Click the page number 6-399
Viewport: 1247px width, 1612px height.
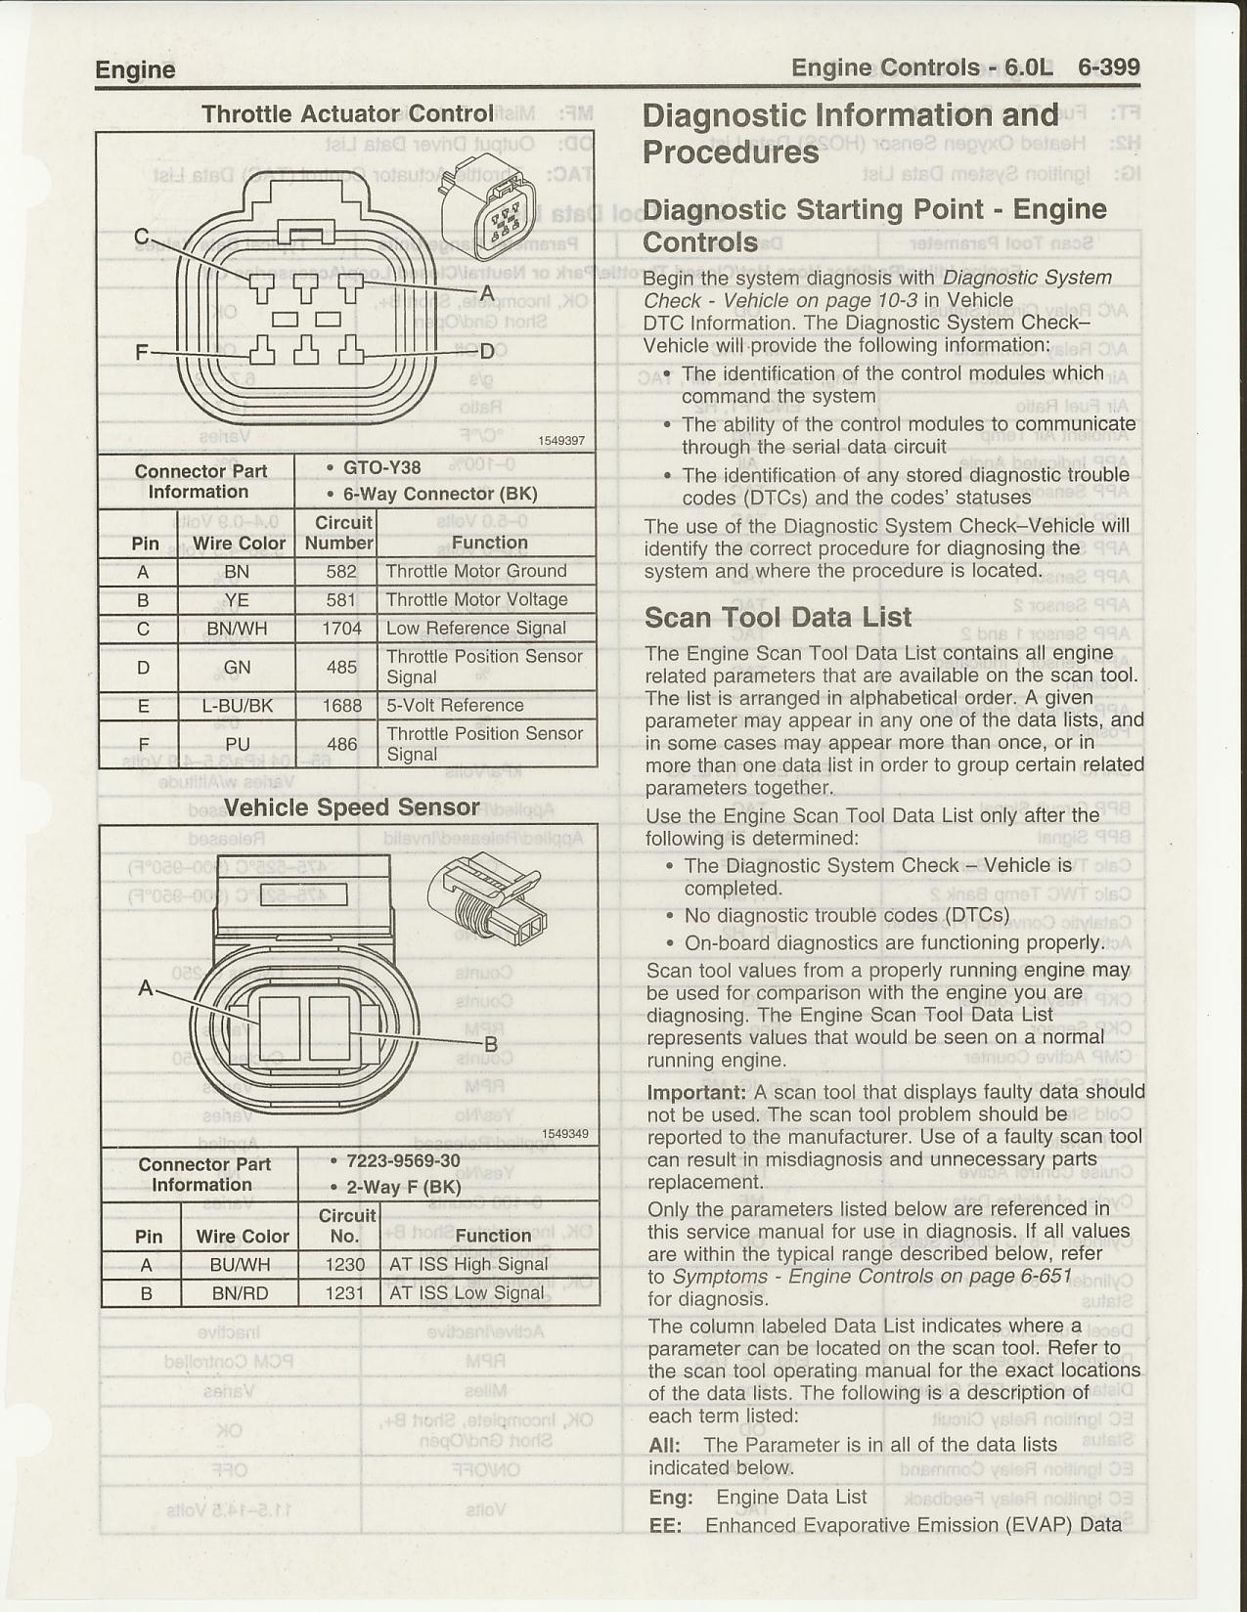click(x=1108, y=67)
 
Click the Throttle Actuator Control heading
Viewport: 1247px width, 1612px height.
click(x=347, y=114)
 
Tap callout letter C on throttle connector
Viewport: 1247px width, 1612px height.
click(x=142, y=237)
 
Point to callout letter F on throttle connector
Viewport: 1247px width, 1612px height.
click(x=142, y=352)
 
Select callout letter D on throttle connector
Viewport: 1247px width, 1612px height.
click(x=486, y=352)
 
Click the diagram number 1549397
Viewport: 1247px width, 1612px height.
click(x=561, y=441)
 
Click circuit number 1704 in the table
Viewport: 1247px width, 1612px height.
click(x=341, y=629)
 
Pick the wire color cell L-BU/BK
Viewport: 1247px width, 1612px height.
click(x=237, y=706)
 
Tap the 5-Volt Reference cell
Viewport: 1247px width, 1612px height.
click(x=455, y=706)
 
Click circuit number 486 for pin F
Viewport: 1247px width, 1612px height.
click(x=341, y=744)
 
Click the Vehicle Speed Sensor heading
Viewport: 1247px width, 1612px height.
click(x=351, y=807)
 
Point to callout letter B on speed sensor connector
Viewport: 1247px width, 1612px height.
click(x=492, y=1044)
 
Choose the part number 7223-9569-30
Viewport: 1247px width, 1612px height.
click(x=403, y=1161)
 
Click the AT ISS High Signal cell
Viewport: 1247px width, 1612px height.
click(x=468, y=1265)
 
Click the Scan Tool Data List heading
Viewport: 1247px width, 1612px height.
click(x=778, y=617)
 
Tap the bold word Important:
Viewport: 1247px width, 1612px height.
click(x=695, y=1093)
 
